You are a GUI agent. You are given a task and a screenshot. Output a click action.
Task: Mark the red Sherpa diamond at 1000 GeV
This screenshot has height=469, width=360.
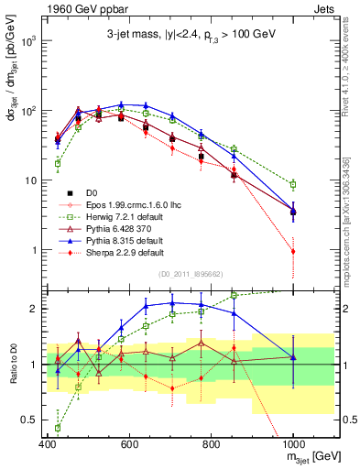[x=293, y=251]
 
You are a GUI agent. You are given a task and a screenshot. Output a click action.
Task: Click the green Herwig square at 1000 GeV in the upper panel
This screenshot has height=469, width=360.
[x=293, y=184]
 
